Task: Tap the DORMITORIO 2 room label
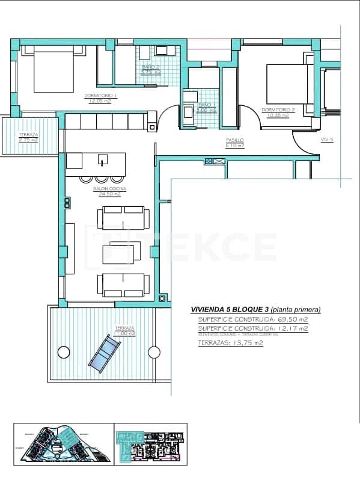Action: click(278, 112)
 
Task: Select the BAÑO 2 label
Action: click(150, 69)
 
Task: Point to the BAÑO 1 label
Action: click(207, 108)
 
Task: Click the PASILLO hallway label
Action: click(234, 143)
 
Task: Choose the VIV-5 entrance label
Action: click(327, 140)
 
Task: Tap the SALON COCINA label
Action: click(107, 191)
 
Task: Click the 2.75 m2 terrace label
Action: click(28, 137)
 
